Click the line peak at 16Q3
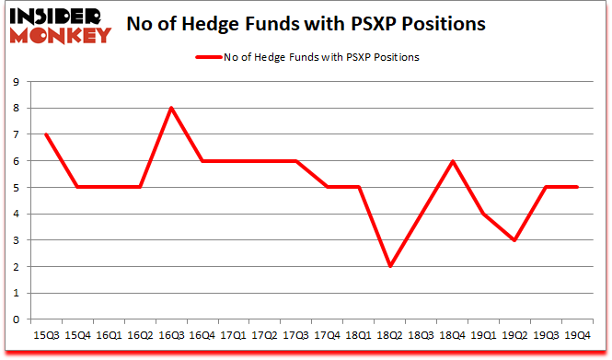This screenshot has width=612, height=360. coord(171,108)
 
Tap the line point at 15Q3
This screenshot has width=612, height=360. coord(45,134)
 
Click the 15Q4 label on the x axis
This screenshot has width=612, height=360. coord(76,335)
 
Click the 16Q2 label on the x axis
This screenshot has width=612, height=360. coord(140,335)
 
